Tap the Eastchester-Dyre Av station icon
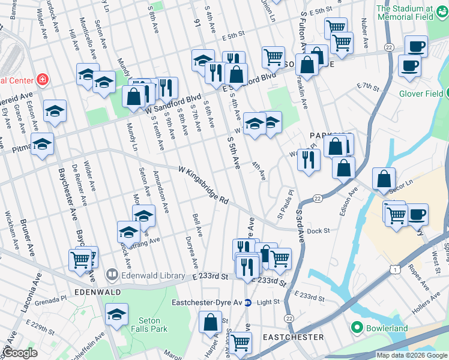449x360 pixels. pyautogui.click(x=247, y=302)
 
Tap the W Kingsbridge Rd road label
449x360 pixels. pyautogui.click(x=204, y=184)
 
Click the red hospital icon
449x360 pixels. pyautogui.click(x=42, y=79)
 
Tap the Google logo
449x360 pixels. pyautogui.click(x=20, y=353)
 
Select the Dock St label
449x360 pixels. pyautogui.click(x=319, y=230)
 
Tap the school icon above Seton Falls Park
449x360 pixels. pyautogui.click(x=116, y=313)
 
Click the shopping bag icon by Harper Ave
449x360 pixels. pyautogui.click(x=211, y=322)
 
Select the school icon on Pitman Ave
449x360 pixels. pyautogui.click(x=43, y=144)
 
